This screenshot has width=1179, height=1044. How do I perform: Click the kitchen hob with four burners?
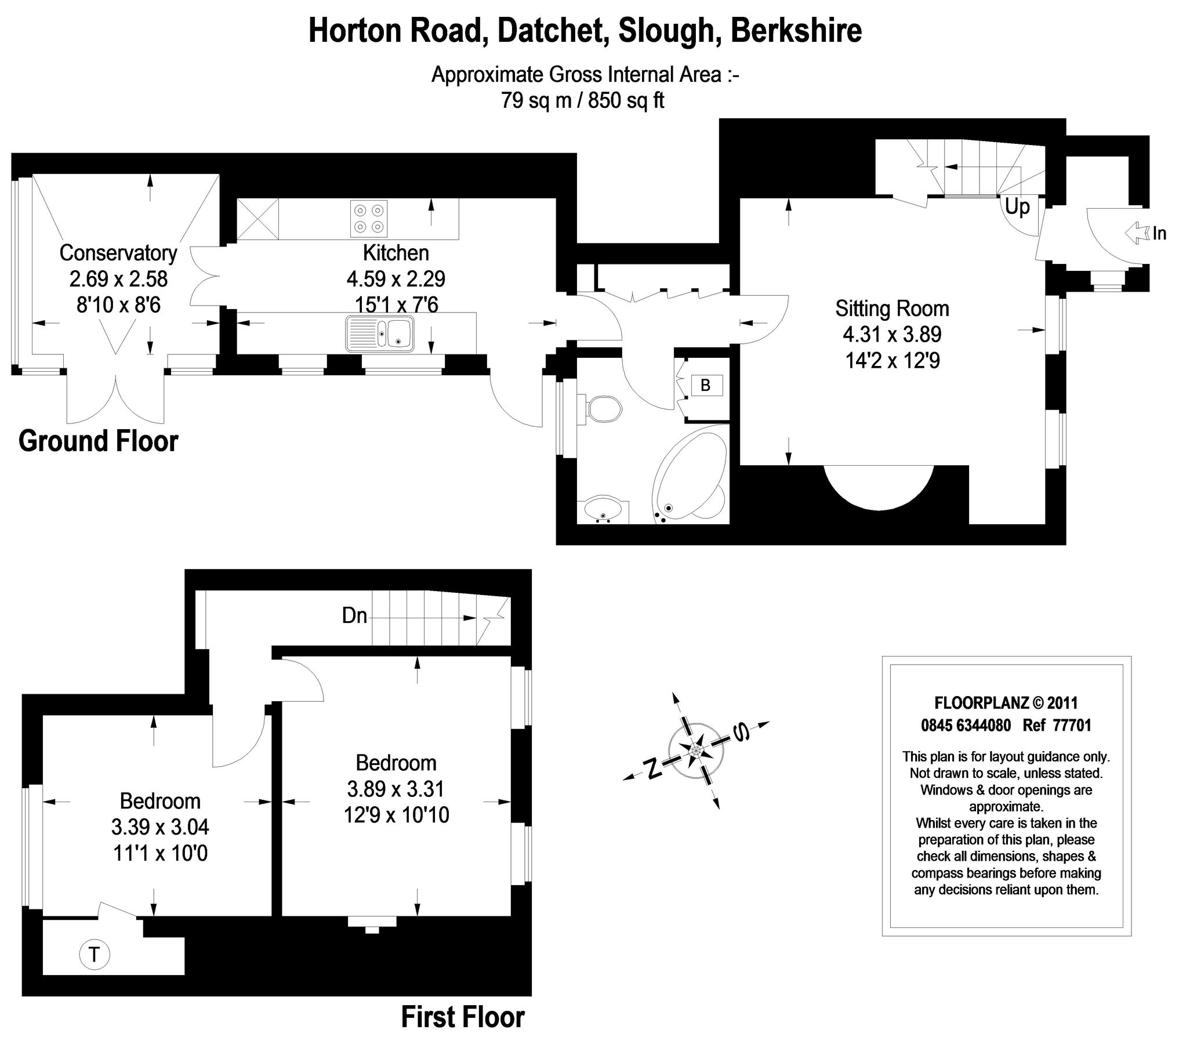pos(369,219)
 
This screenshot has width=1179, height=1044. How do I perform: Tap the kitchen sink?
pos(380,334)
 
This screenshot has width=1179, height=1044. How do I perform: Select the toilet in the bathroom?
pos(603,409)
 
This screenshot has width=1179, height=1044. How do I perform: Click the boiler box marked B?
pos(706,385)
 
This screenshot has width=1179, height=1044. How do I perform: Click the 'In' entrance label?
pos(1159,234)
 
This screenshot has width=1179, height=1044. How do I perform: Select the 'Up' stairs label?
pos(1017,207)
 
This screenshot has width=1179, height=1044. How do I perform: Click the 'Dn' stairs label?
pos(354,615)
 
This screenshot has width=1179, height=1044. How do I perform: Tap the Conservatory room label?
pos(118,253)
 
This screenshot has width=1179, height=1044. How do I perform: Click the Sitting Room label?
pos(892,309)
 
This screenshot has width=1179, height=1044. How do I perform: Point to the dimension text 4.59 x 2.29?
pos(396,279)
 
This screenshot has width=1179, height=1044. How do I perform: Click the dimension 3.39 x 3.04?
pos(160,827)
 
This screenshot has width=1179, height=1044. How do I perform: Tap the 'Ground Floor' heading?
pos(98,441)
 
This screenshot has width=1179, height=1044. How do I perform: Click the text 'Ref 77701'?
pos(1057,726)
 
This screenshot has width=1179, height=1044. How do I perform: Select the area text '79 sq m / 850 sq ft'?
pos(582,101)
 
